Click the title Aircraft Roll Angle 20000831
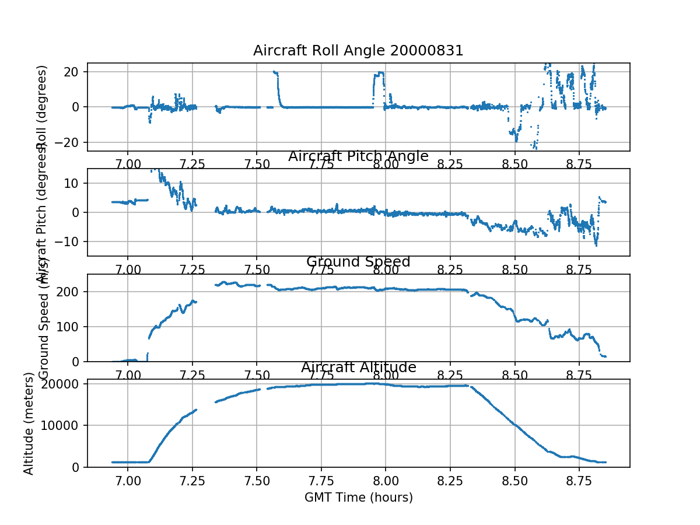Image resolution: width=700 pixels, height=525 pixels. [358, 51]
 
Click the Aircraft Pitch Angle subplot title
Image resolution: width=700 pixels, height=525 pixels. [358, 156]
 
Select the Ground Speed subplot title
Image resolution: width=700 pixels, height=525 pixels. [358, 262]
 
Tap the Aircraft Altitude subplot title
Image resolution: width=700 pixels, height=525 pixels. [358, 367]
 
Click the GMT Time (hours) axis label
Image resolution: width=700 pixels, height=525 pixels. [358, 498]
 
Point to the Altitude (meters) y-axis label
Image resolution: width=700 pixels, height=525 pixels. [28, 424]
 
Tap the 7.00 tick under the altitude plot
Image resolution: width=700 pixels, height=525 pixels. [128, 481]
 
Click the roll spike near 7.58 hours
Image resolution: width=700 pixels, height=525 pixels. [276, 73]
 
